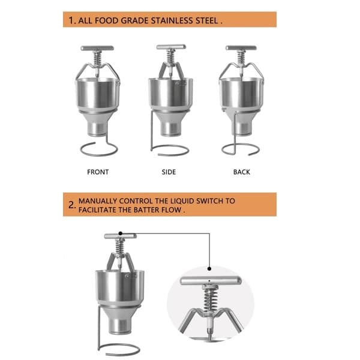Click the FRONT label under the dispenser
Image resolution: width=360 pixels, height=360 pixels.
(x=98, y=172)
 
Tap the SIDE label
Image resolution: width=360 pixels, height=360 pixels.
(x=169, y=172)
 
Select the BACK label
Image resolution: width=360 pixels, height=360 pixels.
(x=242, y=172)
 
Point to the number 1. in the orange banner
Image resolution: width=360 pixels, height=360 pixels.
(x=72, y=20)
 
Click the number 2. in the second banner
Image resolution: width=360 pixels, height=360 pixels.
(x=72, y=205)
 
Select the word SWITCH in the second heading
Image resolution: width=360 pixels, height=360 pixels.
(x=209, y=201)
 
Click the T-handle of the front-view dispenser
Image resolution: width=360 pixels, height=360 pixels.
(x=97, y=48)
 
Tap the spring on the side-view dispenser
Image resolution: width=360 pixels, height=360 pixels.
(x=171, y=56)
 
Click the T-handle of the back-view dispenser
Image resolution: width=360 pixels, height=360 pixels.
(x=241, y=48)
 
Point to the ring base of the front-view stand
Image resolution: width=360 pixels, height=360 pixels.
(x=99, y=155)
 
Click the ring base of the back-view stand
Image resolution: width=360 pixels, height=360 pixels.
(x=241, y=155)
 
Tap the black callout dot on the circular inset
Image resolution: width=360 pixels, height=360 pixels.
(x=209, y=268)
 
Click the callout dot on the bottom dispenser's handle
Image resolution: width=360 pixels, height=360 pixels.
(x=121, y=233)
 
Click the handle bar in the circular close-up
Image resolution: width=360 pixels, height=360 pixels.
(x=211, y=281)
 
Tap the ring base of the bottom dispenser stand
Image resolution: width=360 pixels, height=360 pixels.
(x=119, y=355)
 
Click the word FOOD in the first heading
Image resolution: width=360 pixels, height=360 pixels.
(x=107, y=20)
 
